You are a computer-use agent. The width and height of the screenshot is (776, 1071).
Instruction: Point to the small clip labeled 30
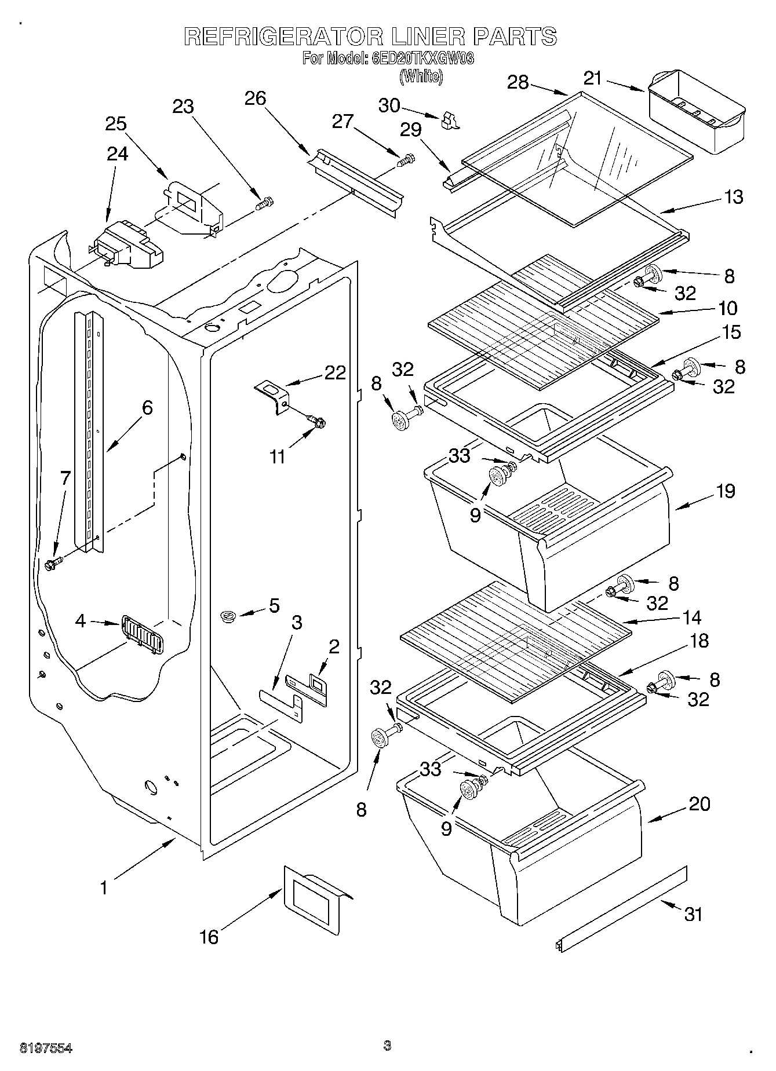click(449, 120)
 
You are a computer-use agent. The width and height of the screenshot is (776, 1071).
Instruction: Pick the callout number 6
click(147, 408)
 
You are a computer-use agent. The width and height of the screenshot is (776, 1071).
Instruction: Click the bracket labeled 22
click(272, 396)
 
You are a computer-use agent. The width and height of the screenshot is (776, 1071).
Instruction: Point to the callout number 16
click(209, 936)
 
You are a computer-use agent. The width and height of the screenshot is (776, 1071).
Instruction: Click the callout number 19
click(726, 491)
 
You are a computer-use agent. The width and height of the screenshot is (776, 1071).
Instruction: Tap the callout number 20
click(700, 804)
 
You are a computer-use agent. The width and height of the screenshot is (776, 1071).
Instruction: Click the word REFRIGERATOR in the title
click(283, 38)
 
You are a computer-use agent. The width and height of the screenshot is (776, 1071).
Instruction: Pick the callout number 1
click(104, 887)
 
